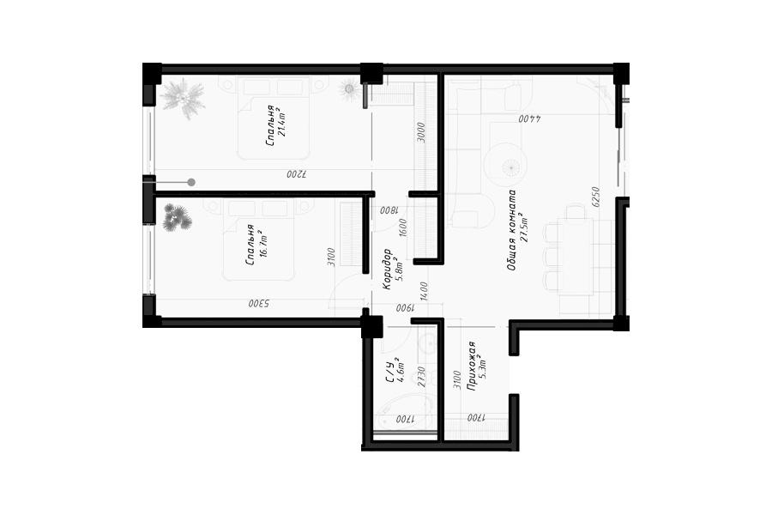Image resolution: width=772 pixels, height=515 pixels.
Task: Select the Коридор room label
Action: click(388, 269)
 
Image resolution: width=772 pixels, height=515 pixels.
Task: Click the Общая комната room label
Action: click(512, 230)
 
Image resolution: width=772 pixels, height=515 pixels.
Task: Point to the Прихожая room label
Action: click(471, 366)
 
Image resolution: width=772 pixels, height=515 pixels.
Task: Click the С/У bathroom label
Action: click(389, 373)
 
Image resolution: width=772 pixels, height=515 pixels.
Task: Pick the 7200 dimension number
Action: click(297, 174)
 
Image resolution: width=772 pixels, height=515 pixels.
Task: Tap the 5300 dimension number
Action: click(259, 304)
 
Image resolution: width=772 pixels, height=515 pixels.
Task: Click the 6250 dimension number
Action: click(596, 197)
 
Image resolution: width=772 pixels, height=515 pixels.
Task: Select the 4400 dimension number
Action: click(530, 118)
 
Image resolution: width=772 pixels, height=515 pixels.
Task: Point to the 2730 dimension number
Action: click(421, 377)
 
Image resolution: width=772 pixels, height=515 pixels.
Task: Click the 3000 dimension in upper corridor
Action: click(420, 132)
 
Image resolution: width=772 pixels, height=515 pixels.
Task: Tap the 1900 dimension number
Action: click(406, 307)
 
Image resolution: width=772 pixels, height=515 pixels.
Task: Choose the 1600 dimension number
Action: click(403, 227)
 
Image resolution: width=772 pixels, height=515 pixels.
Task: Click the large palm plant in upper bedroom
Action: click(183, 99)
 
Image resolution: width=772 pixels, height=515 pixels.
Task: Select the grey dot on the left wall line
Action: click(191, 182)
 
